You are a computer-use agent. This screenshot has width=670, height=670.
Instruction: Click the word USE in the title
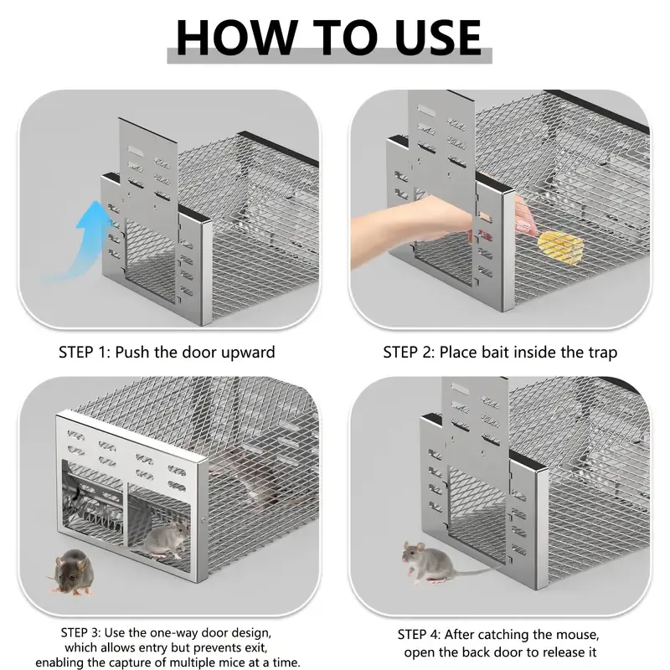click(438, 37)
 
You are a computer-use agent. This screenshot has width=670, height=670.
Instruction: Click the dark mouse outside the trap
click(71, 573)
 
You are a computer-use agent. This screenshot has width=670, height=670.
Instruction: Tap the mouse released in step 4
click(431, 562)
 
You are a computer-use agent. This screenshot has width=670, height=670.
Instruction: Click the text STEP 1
click(85, 352)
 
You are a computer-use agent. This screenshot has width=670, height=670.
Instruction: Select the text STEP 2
click(409, 352)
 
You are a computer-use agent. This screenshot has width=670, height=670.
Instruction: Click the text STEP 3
click(80, 632)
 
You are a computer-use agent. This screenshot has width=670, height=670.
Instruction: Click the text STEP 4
click(418, 635)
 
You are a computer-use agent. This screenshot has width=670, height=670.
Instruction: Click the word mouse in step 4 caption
click(577, 636)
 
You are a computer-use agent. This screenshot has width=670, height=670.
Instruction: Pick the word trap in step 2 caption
click(603, 353)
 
